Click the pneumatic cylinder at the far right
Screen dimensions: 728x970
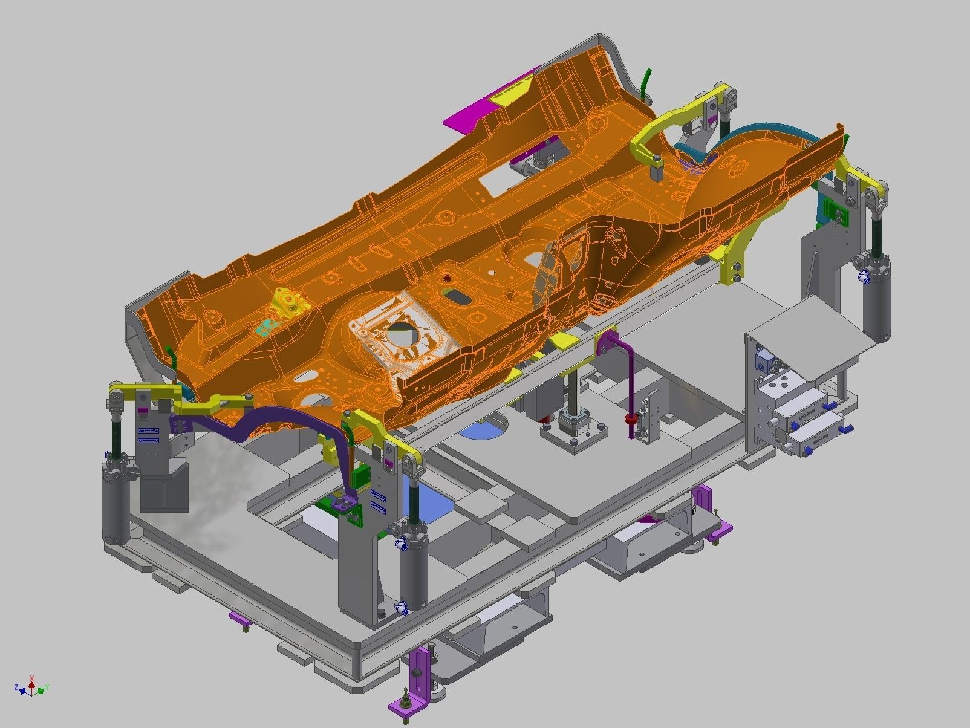point(877,302)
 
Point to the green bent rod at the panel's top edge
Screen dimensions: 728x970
point(646,82)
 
